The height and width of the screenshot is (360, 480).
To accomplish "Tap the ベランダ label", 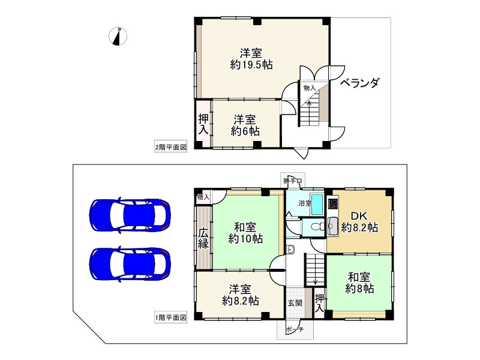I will pos(360,83).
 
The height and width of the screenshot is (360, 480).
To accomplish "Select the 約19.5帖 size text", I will pos(251,65).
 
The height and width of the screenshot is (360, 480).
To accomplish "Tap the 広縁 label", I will pos(204,238).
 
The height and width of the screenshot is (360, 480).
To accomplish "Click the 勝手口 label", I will pos(293,180).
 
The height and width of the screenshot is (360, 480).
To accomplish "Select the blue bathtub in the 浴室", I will pos(318,203).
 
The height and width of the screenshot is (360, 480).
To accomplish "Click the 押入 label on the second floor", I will pos(204,124).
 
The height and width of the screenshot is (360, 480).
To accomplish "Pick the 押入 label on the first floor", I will pos(319,303).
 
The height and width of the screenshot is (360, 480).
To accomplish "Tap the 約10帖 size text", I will pos(245,239).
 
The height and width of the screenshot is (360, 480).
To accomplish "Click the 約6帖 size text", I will pos(246,130).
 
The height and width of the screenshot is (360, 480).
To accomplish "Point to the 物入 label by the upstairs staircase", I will pos(309,88).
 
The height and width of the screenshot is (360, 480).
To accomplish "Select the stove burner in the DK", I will pos(333,203).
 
